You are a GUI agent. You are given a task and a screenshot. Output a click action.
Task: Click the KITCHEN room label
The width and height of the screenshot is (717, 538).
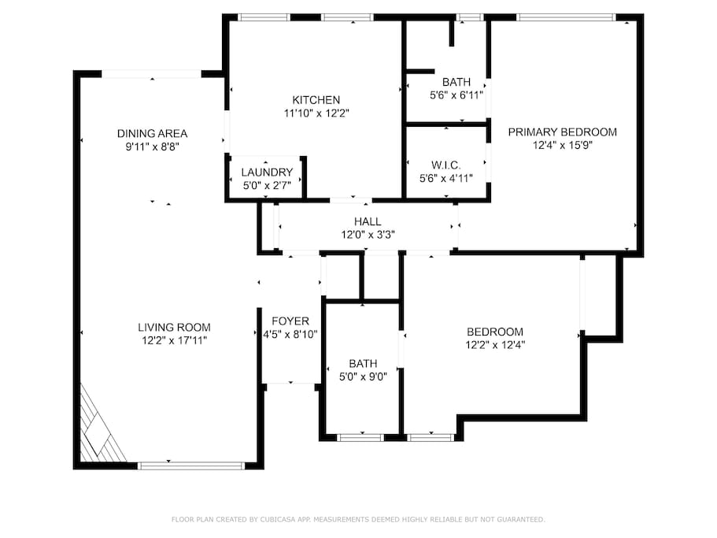pyautogui.click(x=316, y=100)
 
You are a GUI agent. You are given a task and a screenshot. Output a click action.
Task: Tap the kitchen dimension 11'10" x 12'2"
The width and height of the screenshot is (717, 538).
pyautogui.click(x=316, y=113)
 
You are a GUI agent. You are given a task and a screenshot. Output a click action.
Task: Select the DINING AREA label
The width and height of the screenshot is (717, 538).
pyautogui.click(x=152, y=134)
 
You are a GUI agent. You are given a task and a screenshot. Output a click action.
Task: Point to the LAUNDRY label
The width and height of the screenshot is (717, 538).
pyautogui.click(x=267, y=173)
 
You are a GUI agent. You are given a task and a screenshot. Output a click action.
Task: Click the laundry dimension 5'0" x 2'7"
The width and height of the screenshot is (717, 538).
pyautogui.click(x=267, y=186)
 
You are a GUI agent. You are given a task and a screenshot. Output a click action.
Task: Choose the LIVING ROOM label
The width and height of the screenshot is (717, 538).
pyautogui.click(x=174, y=328)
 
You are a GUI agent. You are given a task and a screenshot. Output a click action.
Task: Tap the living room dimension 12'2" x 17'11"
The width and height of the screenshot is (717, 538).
pyautogui.click(x=174, y=341)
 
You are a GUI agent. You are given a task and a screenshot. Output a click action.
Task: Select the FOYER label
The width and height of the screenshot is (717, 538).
pyautogui.click(x=290, y=321)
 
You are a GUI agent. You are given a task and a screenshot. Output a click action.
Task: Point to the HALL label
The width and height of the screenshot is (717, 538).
pyautogui.click(x=368, y=222)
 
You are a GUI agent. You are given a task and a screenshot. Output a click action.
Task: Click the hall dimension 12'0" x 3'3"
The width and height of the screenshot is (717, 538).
pyautogui.click(x=368, y=236)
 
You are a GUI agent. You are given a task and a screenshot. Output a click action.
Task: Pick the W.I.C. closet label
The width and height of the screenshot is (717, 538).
pyautogui.click(x=445, y=165)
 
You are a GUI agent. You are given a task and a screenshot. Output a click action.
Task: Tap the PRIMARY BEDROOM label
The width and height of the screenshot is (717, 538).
pyautogui.click(x=563, y=132)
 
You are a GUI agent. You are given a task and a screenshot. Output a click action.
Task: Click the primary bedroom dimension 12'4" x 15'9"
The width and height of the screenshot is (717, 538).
pyautogui.click(x=563, y=146)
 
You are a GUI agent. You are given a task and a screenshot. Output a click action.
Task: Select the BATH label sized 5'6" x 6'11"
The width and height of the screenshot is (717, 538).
pyautogui.click(x=456, y=83)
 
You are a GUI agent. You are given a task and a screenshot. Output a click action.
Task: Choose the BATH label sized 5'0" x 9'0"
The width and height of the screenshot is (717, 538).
pyautogui.click(x=363, y=364)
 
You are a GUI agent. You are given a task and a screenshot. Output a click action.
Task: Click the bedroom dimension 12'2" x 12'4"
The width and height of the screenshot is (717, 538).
pyautogui.click(x=495, y=345)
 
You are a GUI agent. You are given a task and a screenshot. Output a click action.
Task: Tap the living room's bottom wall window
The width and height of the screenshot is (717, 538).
pyautogui.click(x=191, y=466)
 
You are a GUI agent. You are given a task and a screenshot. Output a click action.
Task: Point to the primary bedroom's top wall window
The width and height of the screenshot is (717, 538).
pyautogui.click(x=566, y=17)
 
